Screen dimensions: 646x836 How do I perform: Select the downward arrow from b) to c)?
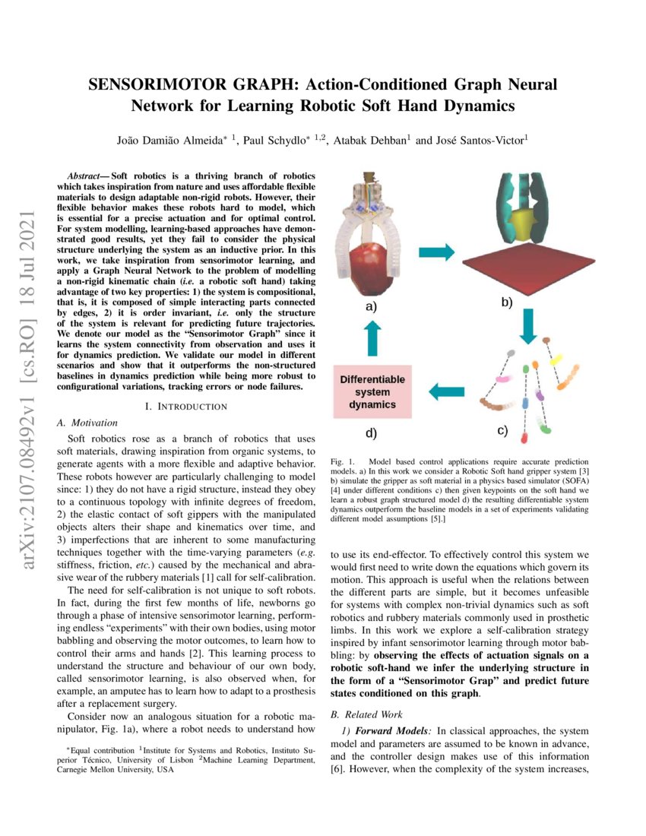pyautogui.click(x=530, y=322)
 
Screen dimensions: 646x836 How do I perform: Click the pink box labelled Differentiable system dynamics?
pyautogui.click(x=372, y=391)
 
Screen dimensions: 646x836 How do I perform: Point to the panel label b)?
pyautogui.click(x=506, y=302)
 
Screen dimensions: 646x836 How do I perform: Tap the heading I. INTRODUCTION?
pyautogui.click(x=185, y=407)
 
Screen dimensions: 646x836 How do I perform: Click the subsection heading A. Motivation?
pyautogui.click(x=88, y=422)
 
